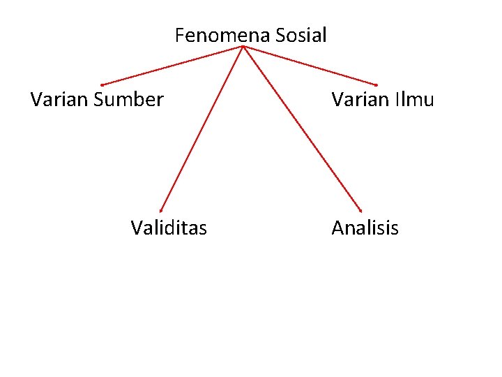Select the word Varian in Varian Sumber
click(x=59, y=99)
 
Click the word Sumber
click(x=128, y=99)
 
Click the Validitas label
click(x=169, y=228)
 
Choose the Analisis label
click(x=365, y=228)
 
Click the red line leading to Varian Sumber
click(x=172, y=66)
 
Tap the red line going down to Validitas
click(x=201, y=128)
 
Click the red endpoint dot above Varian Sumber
click(x=102, y=85)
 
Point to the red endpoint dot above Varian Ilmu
click(x=376, y=85)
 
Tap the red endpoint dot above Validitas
click(x=160, y=210)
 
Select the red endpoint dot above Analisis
click(x=360, y=210)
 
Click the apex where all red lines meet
click(x=242, y=47)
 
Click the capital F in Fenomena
click(x=179, y=35)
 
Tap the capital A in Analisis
click(x=338, y=228)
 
